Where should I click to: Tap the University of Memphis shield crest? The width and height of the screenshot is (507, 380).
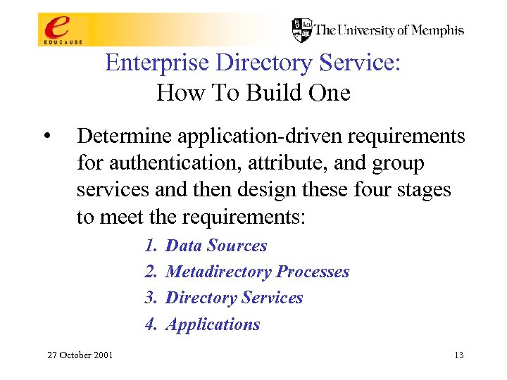click(302, 30)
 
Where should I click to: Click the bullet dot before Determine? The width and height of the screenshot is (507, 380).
click(47, 135)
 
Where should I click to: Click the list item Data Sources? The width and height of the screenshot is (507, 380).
click(216, 246)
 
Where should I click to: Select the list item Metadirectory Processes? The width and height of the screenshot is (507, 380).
click(257, 272)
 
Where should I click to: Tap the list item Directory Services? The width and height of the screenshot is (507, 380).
click(234, 298)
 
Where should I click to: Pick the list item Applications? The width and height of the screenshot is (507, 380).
click(213, 324)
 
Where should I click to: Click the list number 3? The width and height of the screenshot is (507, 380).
click(150, 298)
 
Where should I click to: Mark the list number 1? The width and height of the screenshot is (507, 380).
click(150, 246)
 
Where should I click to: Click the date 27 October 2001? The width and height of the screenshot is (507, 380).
click(80, 355)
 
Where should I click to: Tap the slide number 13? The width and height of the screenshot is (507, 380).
click(458, 355)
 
